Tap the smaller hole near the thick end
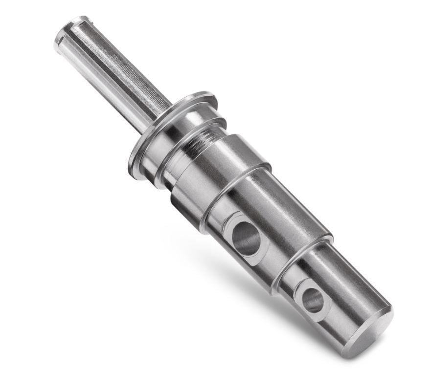312,300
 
